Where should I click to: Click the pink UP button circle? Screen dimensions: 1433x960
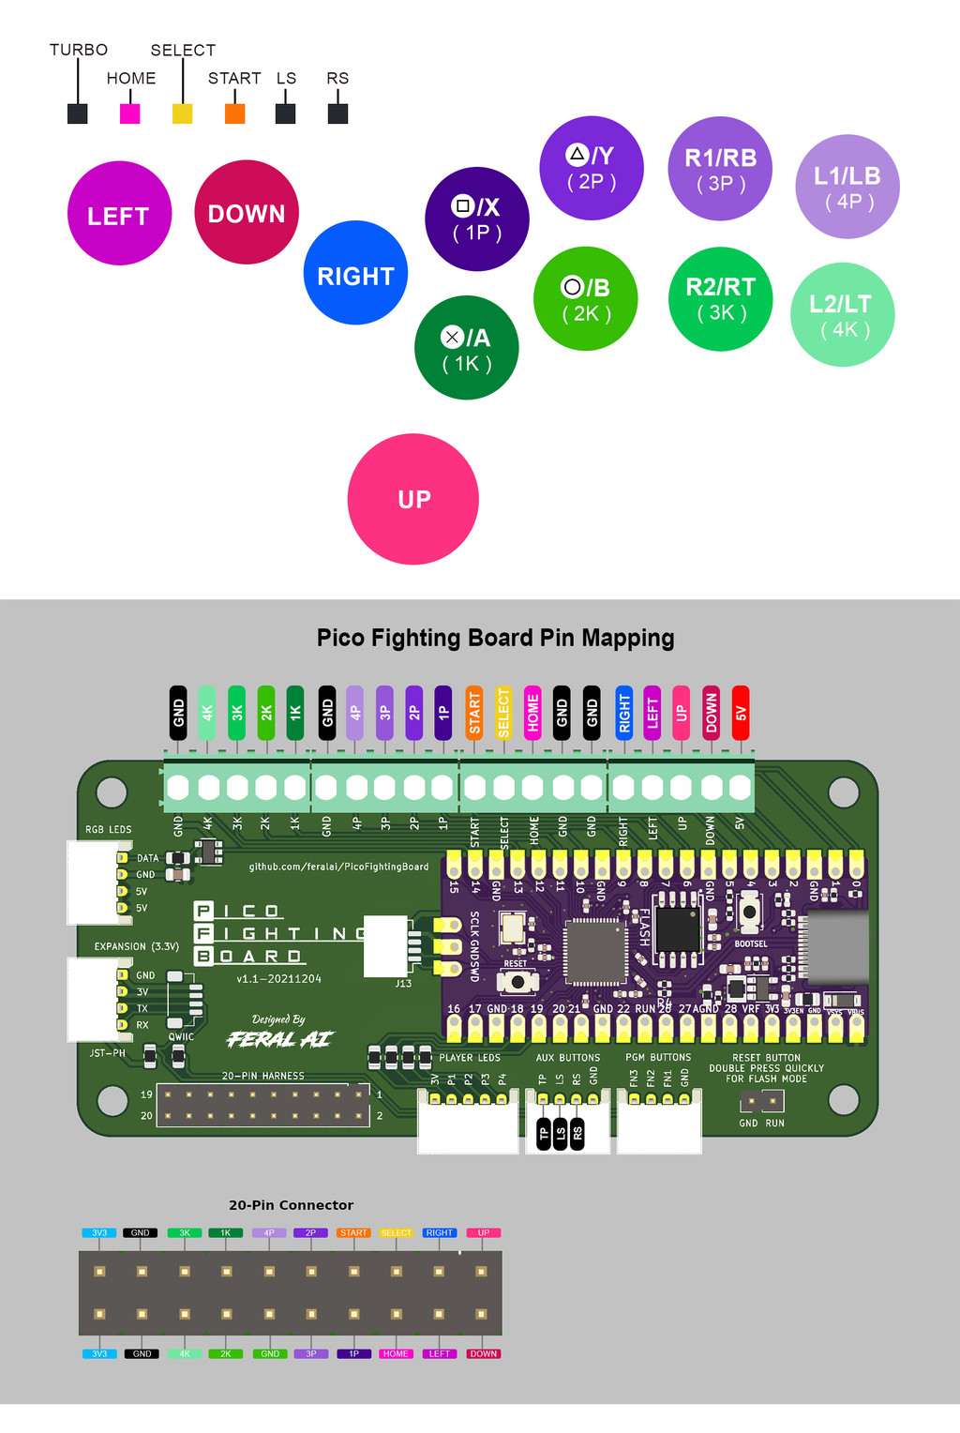click(413, 499)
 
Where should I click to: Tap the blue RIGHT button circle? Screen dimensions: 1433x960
click(356, 273)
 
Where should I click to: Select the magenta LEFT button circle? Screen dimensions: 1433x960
click(119, 213)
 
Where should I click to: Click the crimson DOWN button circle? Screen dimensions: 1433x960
click(247, 212)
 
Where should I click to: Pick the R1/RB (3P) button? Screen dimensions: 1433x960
click(720, 169)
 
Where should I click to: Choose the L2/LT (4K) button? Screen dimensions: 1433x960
click(842, 314)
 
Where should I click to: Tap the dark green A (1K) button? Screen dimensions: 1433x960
click(467, 348)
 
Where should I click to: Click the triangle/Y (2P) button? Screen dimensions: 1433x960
click(592, 168)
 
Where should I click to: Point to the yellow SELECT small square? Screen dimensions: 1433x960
click(183, 113)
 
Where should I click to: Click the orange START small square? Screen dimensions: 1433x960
click(235, 113)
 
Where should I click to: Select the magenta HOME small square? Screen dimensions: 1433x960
click(130, 113)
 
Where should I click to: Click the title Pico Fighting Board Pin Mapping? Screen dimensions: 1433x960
click(495, 638)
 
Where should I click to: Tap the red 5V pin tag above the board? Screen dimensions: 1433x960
click(741, 713)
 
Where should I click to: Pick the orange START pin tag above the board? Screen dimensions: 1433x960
click(474, 713)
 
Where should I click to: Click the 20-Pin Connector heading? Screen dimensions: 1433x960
click(291, 1205)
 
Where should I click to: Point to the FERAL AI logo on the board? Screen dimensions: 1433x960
click(279, 1038)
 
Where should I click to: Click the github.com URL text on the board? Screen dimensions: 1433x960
click(338, 867)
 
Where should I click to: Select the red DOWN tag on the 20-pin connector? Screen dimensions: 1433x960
click(484, 1353)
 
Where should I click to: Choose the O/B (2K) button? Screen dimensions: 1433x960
click(586, 299)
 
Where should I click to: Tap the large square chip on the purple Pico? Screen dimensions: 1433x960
click(594, 951)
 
